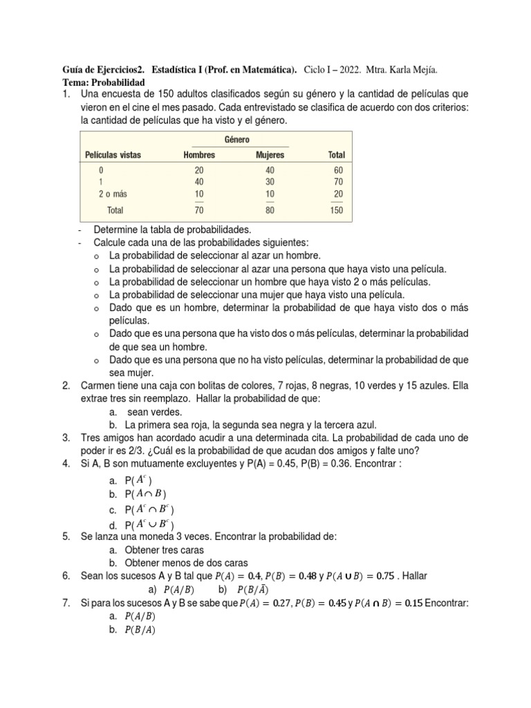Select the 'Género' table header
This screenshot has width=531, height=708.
[237, 140]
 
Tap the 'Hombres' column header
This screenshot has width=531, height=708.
[199, 155]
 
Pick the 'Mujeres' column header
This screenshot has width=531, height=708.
[270, 155]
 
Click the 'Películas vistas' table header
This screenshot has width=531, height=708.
[113, 155]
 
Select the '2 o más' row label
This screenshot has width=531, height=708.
[113, 194]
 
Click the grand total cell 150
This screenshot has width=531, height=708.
[336, 211]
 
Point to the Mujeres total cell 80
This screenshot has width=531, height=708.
[270, 211]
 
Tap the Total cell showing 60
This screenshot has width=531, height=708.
[337, 170]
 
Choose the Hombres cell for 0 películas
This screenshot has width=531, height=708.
[199, 170]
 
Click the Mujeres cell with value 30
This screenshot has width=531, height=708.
[270, 183]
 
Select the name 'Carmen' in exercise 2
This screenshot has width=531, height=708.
[99, 386]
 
